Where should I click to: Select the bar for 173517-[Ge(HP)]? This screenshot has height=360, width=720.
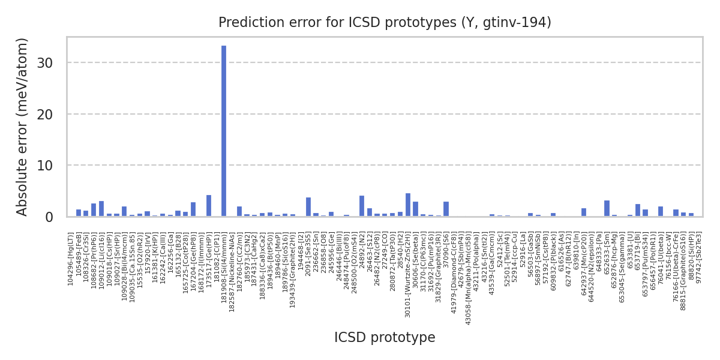(208, 206)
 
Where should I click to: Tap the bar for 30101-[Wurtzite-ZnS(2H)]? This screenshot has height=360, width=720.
(408, 205)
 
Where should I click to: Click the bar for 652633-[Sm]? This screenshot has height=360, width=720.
(607, 208)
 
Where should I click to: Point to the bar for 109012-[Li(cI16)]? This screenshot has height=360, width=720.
(101, 209)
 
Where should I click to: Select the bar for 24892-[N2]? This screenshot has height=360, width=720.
(362, 206)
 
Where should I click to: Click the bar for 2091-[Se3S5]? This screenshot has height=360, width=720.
(308, 207)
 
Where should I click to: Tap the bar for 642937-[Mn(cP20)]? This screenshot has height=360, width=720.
(584, 212)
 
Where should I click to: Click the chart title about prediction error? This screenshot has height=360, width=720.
(385, 23)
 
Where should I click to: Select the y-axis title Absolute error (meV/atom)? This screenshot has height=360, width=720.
(23, 127)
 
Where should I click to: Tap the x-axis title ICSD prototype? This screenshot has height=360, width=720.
(385, 337)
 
